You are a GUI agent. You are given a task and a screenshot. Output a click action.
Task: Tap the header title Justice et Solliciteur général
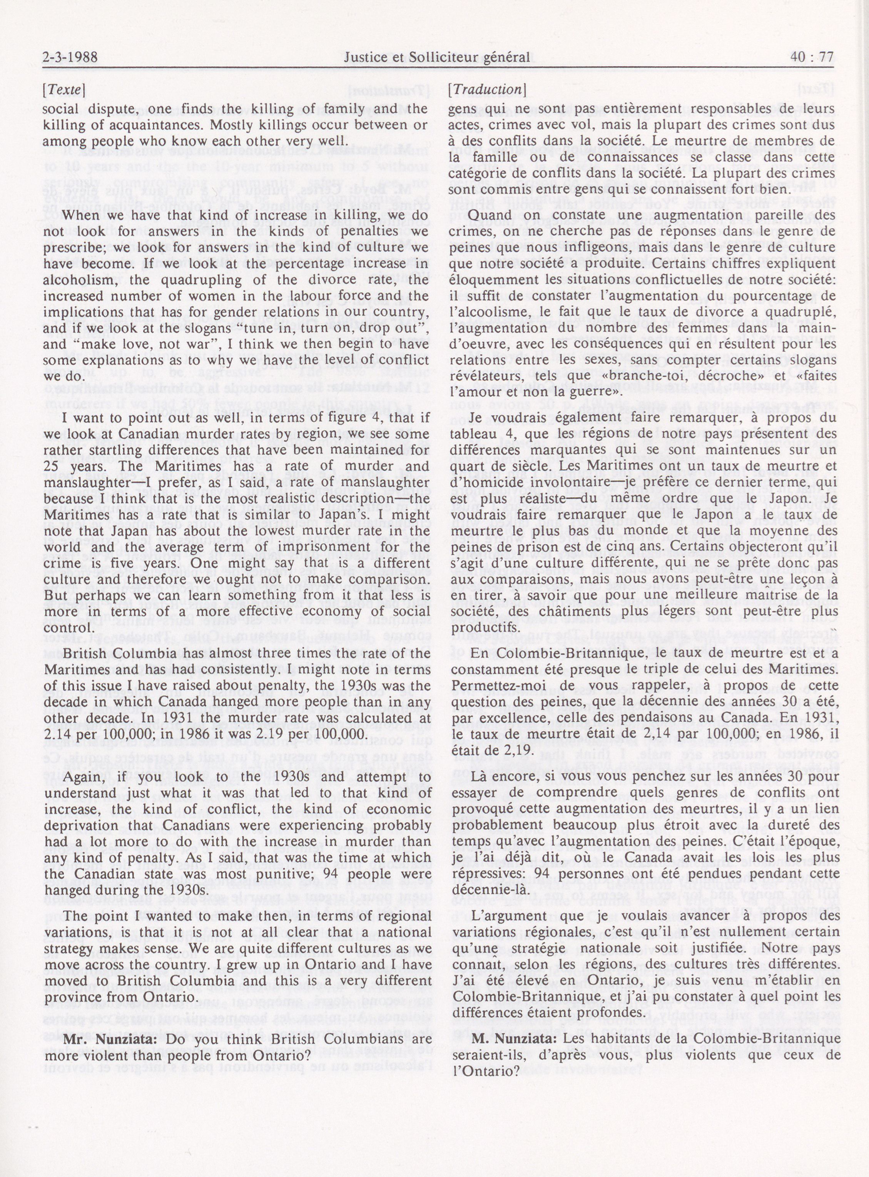pyautogui.click(x=435, y=57)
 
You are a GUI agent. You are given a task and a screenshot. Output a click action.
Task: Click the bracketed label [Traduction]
pyautogui.click(x=486, y=90)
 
